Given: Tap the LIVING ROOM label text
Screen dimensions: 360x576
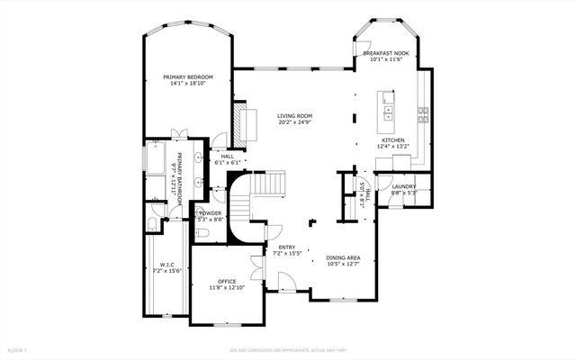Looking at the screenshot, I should [294, 115].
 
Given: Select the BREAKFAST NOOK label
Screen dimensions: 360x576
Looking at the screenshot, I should [387, 54].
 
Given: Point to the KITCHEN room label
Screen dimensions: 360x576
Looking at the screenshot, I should [393, 140].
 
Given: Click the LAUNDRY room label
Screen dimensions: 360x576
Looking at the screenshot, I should [403, 186].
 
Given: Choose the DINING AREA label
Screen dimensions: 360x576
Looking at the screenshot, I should [343, 258].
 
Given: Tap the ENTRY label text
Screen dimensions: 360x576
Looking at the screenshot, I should [286, 247].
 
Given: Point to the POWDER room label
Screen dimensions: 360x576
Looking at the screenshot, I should [211, 213].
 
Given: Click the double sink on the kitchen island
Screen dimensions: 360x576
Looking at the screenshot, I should [388, 112].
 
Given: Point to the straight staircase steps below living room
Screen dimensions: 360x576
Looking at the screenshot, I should [269, 184].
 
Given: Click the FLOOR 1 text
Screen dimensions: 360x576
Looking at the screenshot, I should [18, 349].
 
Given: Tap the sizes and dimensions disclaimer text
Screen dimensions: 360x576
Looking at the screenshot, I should [287, 349].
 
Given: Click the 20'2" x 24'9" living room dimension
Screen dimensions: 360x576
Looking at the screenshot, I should [294, 122].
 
